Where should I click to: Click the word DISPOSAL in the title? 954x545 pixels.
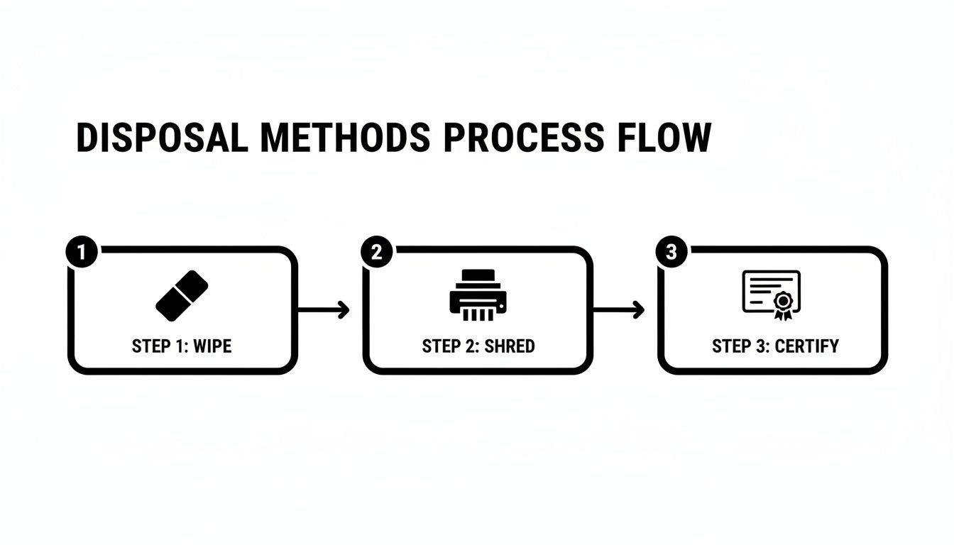163,137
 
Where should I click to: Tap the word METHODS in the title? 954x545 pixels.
346,137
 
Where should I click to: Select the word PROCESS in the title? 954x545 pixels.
523,137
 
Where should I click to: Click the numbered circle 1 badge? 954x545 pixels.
82,252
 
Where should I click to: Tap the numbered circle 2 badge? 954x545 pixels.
377,252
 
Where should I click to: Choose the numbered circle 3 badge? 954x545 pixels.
671,252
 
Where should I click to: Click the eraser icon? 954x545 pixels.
182,295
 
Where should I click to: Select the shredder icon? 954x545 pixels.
478,294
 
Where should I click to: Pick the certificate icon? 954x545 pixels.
772,295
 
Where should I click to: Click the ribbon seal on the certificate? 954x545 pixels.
783,306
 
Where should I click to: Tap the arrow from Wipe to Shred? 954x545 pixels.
323,309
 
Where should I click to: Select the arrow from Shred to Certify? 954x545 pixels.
618,309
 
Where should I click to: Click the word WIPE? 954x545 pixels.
212,346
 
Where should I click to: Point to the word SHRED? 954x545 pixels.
510,346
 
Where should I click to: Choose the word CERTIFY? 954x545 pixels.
806,346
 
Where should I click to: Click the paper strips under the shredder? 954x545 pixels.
478,315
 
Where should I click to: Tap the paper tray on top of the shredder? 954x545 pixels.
478,275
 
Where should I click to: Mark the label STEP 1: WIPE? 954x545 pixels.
182,346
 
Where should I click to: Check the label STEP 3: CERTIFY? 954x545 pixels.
776,346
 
